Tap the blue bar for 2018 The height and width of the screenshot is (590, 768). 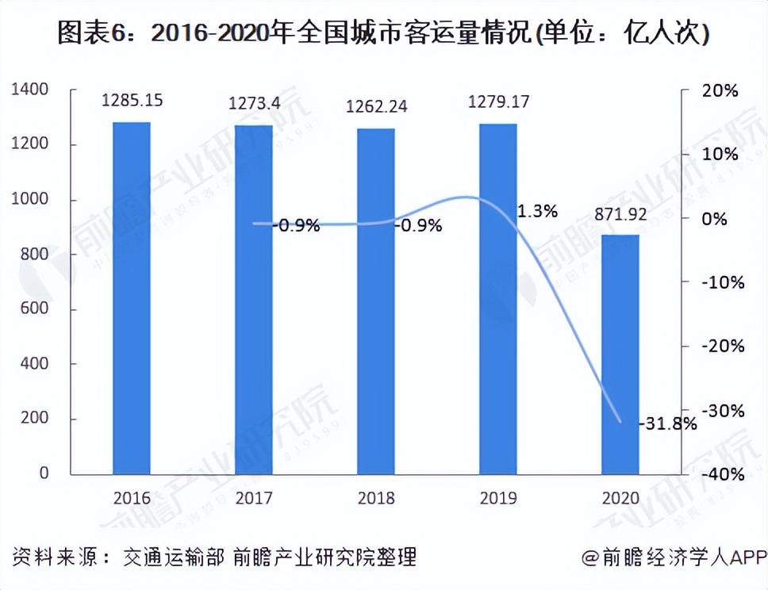click(375, 301)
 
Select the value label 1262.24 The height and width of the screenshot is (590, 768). click(377, 107)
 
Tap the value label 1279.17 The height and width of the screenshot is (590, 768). click(499, 102)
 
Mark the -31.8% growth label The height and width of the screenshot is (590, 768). click(667, 423)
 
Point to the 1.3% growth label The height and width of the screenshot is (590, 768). click(537, 212)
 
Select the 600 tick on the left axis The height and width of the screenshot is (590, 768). click(36, 309)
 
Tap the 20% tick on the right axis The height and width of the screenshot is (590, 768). click(718, 90)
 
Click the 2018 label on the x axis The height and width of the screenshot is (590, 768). click(375, 499)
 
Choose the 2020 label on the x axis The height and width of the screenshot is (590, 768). click(620, 499)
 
